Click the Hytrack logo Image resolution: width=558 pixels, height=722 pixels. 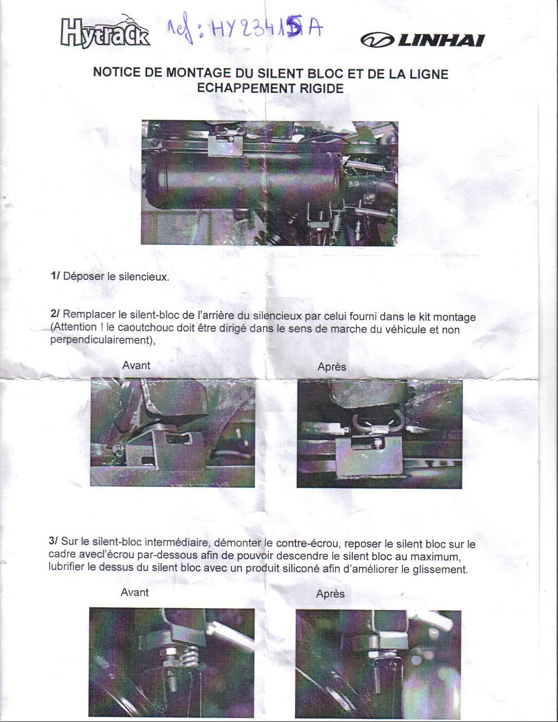106,32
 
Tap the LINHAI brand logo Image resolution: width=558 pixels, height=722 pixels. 423,40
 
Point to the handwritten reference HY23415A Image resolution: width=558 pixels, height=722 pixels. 245,30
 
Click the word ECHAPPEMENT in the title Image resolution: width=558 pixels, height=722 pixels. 245,89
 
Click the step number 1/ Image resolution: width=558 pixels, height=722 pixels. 55,275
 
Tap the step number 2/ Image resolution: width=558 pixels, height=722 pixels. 55,314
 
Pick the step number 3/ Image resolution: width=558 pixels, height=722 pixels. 54,541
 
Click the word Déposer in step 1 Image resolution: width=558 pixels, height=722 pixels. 83,276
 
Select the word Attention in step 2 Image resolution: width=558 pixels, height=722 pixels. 75,327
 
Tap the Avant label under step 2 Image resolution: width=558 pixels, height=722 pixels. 136,365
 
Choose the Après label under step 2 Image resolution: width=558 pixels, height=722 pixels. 332,366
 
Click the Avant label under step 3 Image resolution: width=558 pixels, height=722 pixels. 135,592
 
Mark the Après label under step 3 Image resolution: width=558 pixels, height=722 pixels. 331,594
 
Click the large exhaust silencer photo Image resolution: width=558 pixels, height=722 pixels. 270,183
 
